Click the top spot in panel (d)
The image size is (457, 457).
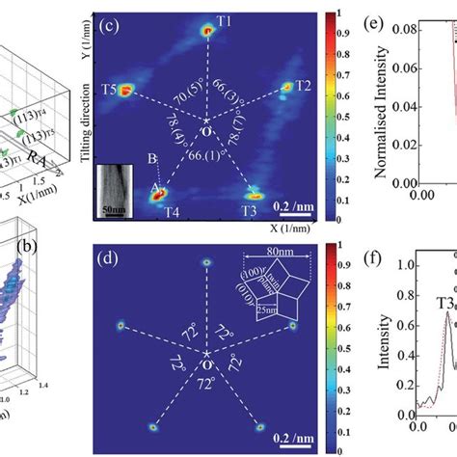pyautogui.click(x=205, y=261)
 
